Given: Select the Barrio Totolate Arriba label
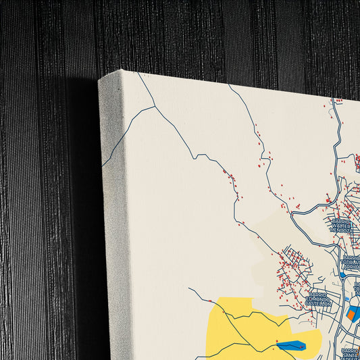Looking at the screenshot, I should (352, 262).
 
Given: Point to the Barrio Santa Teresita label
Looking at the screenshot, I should (351, 353).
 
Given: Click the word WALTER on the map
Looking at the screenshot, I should (342, 226).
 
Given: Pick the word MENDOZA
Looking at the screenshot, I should (341, 230).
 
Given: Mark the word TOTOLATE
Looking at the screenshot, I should (353, 262).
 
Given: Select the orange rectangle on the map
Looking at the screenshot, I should (351, 313).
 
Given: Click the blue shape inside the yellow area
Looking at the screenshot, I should (290, 346).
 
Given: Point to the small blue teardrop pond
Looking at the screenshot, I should (343, 275).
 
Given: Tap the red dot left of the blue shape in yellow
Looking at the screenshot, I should (276, 342).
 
